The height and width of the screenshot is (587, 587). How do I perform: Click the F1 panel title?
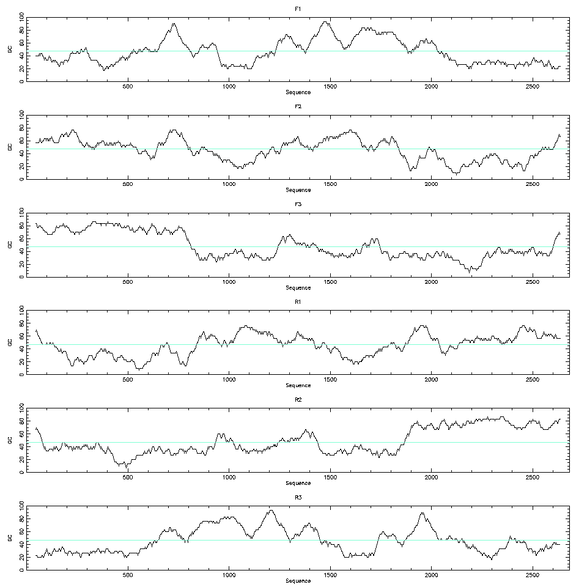pyautogui.click(x=298, y=9)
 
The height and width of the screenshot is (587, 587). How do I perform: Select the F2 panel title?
pyautogui.click(x=298, y=106)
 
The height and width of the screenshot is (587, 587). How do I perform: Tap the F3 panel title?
pyautogui.click(x=298, y=204)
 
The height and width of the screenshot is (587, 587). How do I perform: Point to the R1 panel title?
pyautogui.click(x=298, y=302)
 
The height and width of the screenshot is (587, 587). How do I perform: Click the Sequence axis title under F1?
pyautogui.click(x=298, y=92)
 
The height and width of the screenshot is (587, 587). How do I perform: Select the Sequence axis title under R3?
pyautogui.click(x=298, y=581)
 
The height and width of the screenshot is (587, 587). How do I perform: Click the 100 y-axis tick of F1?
pyautogui.click(x=21, y=18)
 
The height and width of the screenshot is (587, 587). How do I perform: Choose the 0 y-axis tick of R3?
pyautogui.click(x=21, y=570)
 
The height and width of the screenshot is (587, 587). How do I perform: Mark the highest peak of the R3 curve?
pyautogui.click(x=270, y=510)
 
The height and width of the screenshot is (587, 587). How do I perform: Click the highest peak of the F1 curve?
pyautogui.click(x=325, y=22)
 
